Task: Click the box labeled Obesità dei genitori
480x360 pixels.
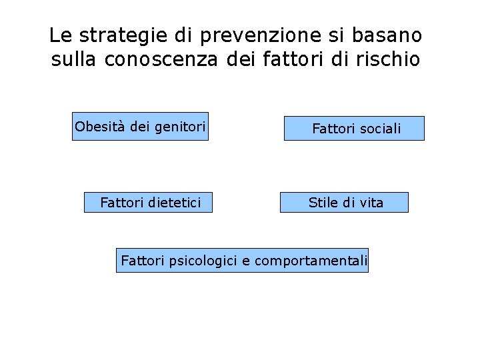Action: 140,126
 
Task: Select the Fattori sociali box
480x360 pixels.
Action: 354,128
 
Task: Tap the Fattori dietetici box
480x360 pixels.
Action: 148,202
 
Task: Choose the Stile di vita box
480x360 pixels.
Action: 344,202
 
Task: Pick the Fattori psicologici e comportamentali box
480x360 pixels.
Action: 242,260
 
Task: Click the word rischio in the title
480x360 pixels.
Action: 389,59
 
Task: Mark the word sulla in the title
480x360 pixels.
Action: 75,59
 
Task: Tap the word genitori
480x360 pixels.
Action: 179,127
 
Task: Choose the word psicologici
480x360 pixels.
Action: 203,261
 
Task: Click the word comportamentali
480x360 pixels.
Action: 311,261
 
